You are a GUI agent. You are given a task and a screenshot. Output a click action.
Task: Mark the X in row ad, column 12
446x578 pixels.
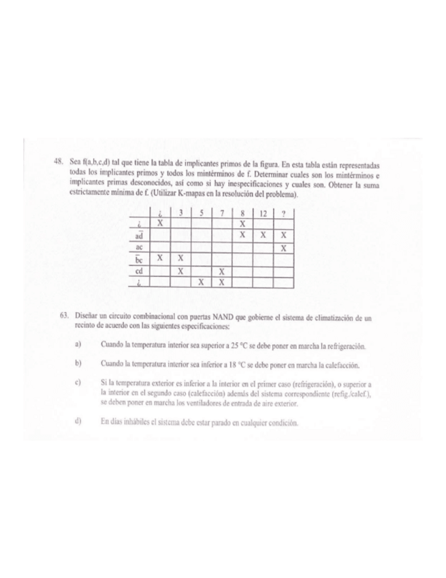click(x=261, y=234)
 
